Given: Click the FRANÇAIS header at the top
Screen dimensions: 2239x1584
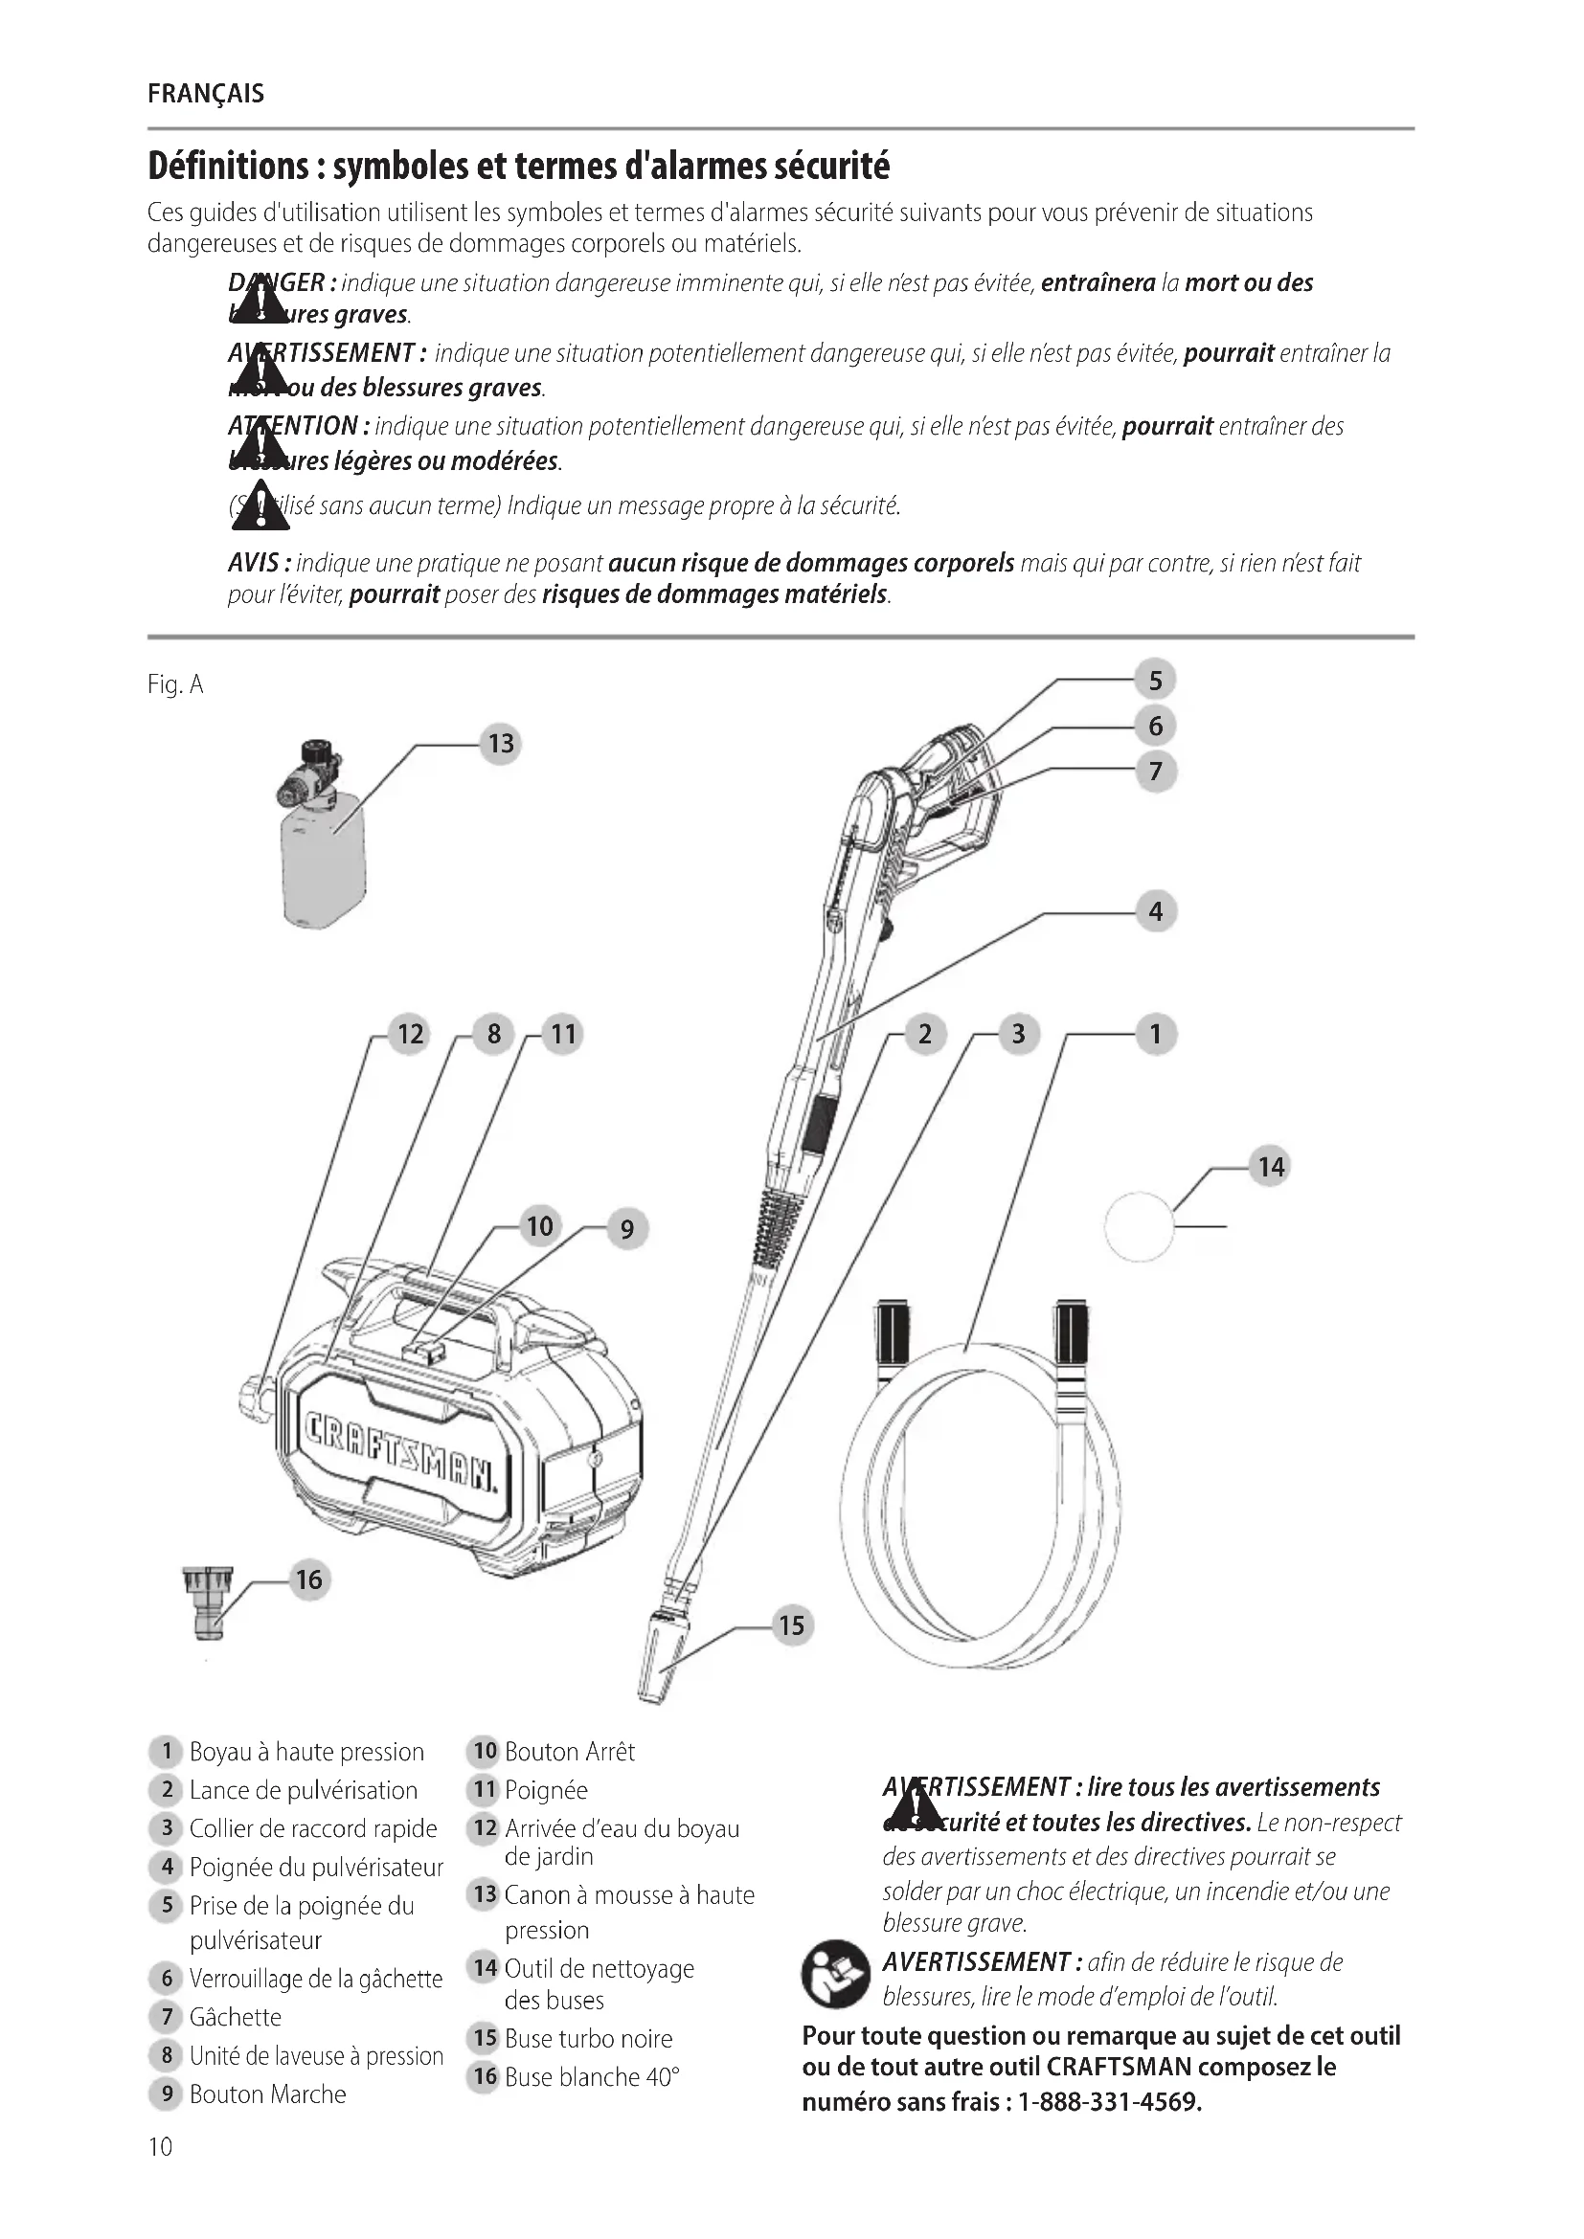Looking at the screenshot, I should click(x=206, y=95).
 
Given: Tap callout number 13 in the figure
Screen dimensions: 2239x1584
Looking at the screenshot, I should click(x=500, y=744).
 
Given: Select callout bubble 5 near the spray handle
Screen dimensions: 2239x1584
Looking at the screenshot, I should click(x=1155, y=680).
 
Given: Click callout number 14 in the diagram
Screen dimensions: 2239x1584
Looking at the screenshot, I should click(x=1270, y=1166).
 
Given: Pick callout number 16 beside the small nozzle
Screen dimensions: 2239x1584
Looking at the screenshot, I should click(x=308, y=1578).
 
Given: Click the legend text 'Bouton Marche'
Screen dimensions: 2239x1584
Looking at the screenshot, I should click(x=267, y=2093).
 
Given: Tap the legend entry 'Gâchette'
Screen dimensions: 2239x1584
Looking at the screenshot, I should click(x=235, y=2017).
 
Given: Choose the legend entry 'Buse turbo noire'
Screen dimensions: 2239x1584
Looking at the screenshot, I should click(x=588, y=2038).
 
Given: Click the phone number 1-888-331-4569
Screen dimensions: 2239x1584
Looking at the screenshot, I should click(x=1110, y=2101).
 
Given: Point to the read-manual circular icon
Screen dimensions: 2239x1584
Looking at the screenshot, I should click(x=835, y=1974).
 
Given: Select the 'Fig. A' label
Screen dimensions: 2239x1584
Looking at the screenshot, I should click(x=175, y=684).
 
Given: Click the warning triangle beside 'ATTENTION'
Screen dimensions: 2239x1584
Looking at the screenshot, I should click(x=260, y=446).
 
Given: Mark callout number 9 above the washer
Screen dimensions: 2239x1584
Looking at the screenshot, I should click(x=626, y=1229).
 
